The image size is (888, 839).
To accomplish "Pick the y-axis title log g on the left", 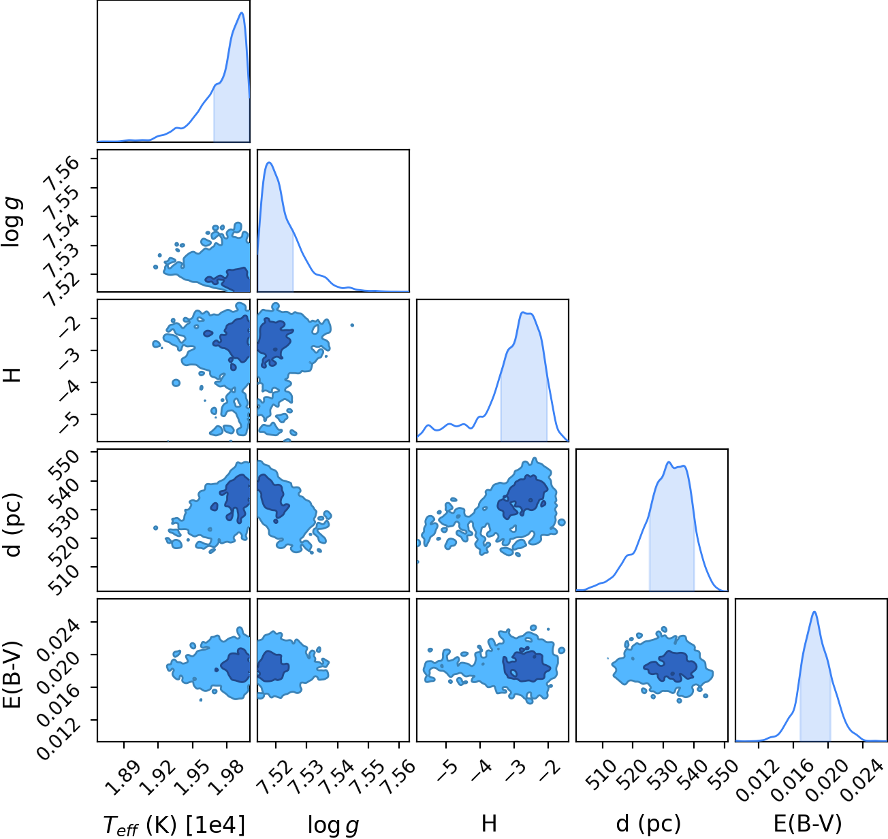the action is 12,221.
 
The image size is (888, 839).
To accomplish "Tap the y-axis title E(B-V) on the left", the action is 12,674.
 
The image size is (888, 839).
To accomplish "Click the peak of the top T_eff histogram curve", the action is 242,13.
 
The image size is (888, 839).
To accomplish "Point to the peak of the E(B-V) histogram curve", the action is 814,612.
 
